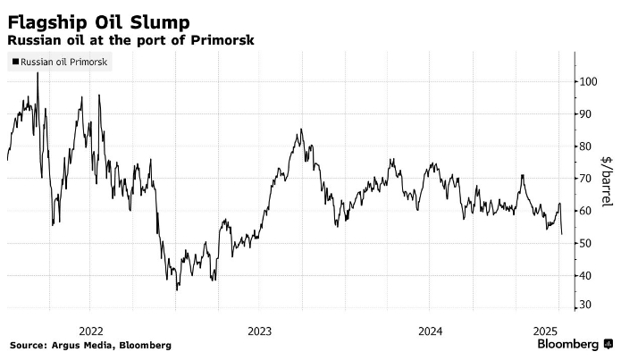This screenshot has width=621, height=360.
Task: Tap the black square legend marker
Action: coord(13,63)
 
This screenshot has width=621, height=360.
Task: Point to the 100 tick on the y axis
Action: coord(588,81)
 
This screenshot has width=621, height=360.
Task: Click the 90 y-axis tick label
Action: coord(585,113)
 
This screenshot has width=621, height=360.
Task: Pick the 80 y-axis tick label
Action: coord(585,147)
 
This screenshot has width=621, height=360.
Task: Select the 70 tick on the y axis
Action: coord(585,179)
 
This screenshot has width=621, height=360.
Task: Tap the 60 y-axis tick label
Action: coord(585,211)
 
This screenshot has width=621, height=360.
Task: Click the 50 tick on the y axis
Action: coord(585,243)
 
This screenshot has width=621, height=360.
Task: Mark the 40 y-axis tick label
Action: coord(585,276)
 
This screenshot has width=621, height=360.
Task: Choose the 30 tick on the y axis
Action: coord(585,306)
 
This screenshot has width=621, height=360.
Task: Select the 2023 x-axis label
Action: coord(260,329)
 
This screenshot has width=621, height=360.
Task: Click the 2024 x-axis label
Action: coord(430,329)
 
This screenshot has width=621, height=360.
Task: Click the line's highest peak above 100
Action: coord(38,73)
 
